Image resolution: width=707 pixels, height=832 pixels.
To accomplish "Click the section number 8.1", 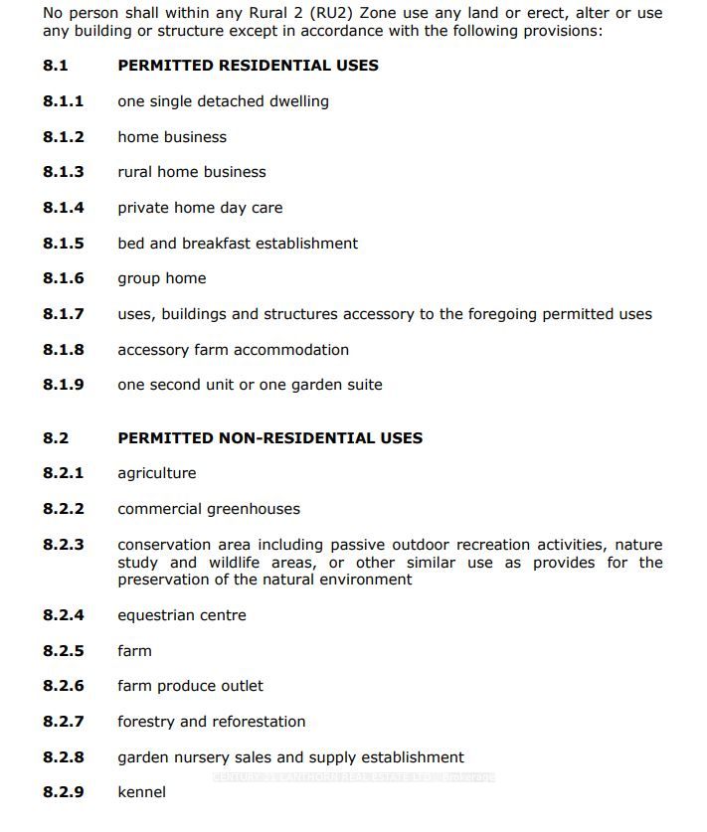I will (56, 66).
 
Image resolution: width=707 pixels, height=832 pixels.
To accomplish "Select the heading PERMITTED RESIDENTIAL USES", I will (248, 66).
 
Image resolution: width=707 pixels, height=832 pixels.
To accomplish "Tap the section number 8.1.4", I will (64, 208).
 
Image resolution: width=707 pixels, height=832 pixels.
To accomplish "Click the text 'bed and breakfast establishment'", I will (238, 244).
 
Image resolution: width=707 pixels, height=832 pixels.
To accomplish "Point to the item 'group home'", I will (162, 278).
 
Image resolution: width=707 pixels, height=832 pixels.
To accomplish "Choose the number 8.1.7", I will (64, 314).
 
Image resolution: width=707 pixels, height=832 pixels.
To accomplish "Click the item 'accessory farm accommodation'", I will (233, 350).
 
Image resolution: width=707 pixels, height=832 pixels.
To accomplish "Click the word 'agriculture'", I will (157, 473).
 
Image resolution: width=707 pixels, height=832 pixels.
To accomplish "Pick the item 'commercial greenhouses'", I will (209, 509).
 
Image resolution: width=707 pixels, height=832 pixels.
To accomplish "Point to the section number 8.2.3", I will (64, 545).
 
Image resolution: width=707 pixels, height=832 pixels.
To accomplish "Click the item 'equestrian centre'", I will (182, 615).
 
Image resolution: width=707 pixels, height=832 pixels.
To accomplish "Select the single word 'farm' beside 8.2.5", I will (134, 651).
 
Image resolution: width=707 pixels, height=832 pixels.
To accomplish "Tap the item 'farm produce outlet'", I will (190, 686).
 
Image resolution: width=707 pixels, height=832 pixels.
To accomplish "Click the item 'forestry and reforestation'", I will (212, 722).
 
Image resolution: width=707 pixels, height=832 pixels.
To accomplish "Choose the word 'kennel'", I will (141, 792).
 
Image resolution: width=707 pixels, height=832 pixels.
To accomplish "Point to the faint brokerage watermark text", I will (353, 776).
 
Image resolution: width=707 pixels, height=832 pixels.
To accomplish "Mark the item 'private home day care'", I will (200, 208).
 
